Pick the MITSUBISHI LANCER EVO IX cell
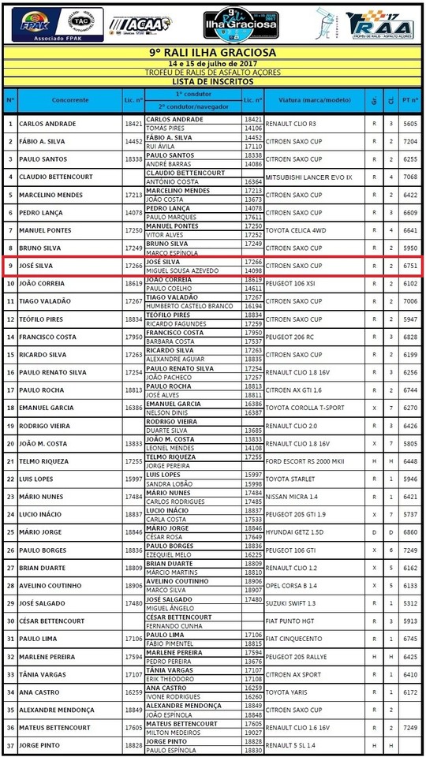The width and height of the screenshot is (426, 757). tap(308, 177)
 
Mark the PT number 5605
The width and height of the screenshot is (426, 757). tap(409, 124)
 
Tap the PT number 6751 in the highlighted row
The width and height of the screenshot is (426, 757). tap(409, 266)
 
